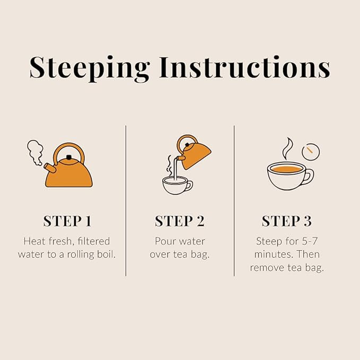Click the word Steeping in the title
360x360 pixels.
click(90, 68)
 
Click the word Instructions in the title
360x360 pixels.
click(245, 67)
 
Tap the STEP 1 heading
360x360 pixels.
click(67, 221)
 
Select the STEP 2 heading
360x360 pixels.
click(180, 221)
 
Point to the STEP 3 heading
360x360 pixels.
click(287, 221)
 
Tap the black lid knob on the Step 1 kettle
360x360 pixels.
click(68, 157)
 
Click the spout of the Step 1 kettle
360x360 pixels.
click(50, 168)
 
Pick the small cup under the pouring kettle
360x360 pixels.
click(177, 185)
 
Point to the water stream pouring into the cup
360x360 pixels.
click(175, 169)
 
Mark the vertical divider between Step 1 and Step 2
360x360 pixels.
click(126, 200)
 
